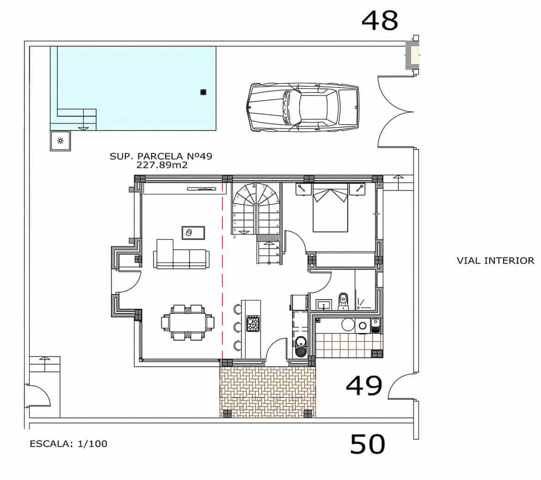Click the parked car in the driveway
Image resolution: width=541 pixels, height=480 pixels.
point(303,107)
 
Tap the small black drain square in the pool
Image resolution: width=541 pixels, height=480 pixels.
point(203,92)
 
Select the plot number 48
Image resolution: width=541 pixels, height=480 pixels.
point(380,20)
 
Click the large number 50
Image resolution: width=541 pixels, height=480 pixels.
point(368,444)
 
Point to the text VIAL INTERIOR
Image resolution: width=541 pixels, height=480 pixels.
point(495,261)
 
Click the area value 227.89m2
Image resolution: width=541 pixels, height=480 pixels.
point(162,165)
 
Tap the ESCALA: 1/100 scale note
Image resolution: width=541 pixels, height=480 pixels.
point(68,444)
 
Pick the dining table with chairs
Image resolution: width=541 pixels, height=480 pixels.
point(188,322)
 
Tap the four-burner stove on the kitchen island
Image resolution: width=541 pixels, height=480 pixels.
point(253,323)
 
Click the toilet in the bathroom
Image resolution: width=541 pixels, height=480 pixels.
point(343,300)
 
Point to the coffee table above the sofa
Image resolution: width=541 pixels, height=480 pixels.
point(193,232)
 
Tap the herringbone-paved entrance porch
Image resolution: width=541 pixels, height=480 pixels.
point(268,392)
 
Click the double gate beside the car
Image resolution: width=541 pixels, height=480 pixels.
point(395,112)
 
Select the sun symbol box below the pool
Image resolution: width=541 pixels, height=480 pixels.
point(61,141)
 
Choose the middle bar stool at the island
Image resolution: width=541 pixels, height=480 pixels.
point(237,327)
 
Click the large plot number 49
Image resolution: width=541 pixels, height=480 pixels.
point(364,386)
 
